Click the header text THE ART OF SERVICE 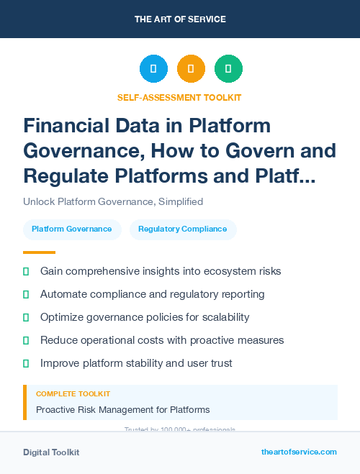click(x=180, y=19)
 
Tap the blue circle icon click(x=153, y=69)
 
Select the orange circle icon click(x=191, y=69)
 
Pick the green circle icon click(x=228, y=69)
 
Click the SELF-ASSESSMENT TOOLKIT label click(x=180, y=97)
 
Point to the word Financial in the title click(x=68, y=126)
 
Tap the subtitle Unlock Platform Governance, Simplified click(x=113, y=201)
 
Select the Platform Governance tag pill click(x=72, y=229)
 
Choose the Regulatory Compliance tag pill click(x=183, y=229)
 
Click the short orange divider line click(x=39, y=252)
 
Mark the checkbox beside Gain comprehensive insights click(x=26, y=271)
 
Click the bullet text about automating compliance click(x=153, y=294)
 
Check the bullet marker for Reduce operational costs click(x=26, y=340)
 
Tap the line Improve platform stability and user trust click(x=136, y=363)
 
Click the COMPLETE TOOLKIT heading click(x=73, y=394)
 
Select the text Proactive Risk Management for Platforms click(x=123, y=409)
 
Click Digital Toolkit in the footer click(x=51, y=452)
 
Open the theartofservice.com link click(x=299, y=452)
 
